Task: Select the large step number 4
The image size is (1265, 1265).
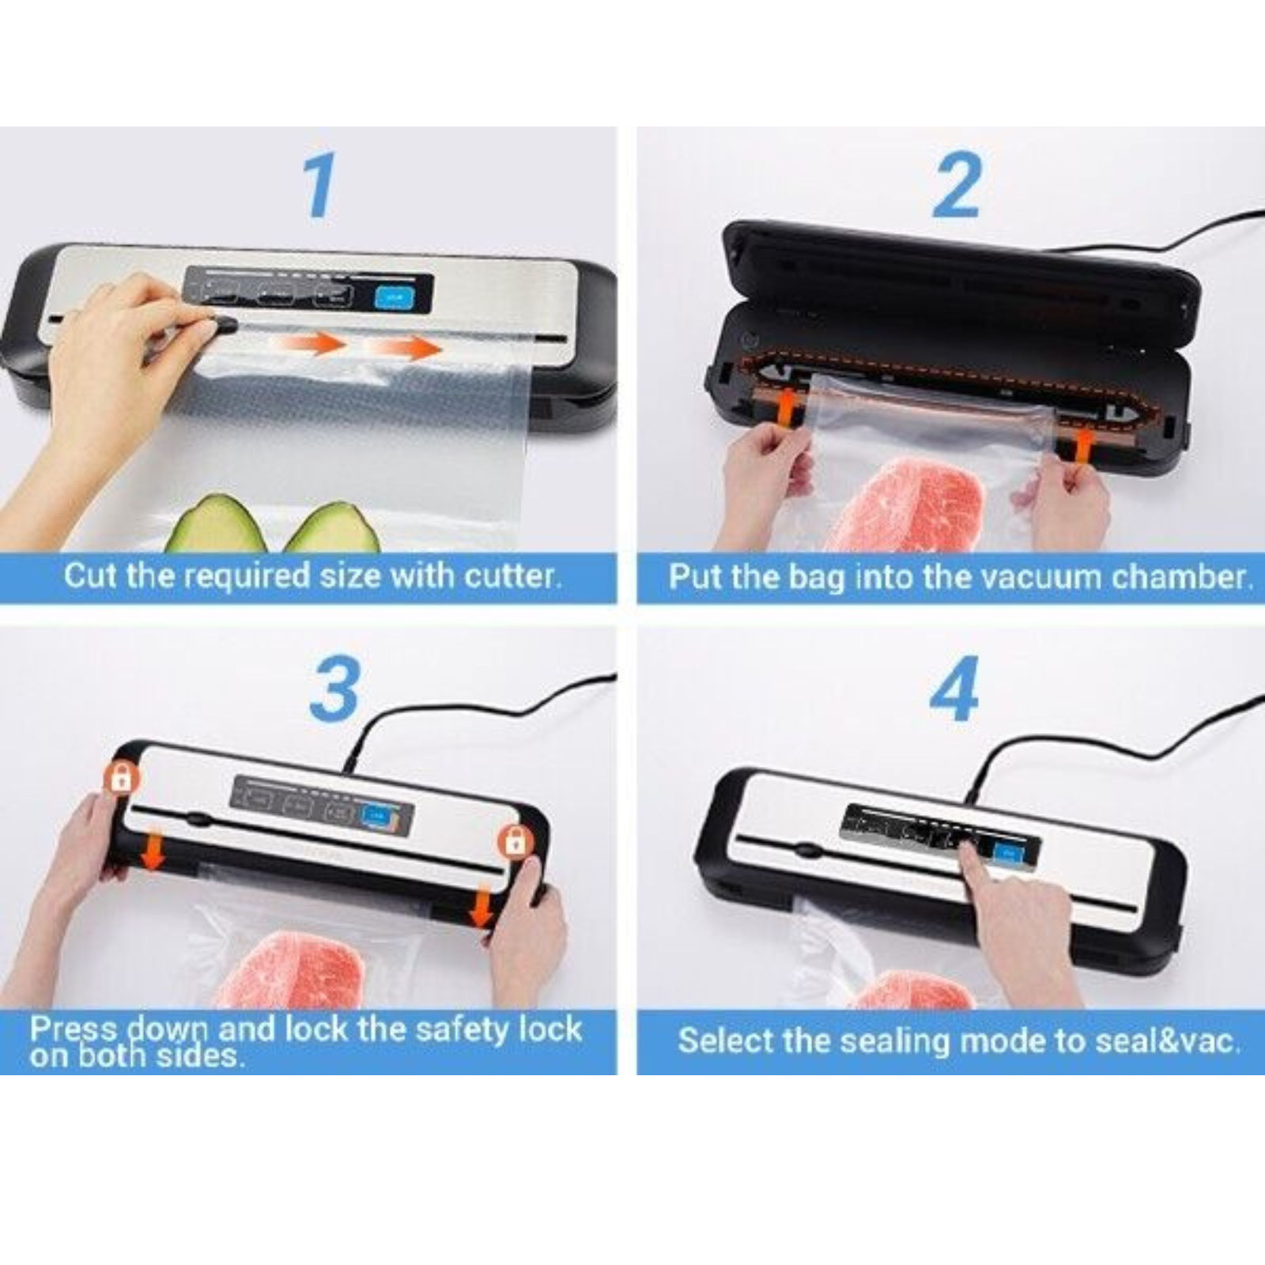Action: [953, 689]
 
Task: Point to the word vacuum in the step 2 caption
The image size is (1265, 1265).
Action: [1037, 576]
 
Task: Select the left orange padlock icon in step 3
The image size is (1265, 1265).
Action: [121, 778]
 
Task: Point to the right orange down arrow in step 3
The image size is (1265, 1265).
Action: [481, 907]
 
